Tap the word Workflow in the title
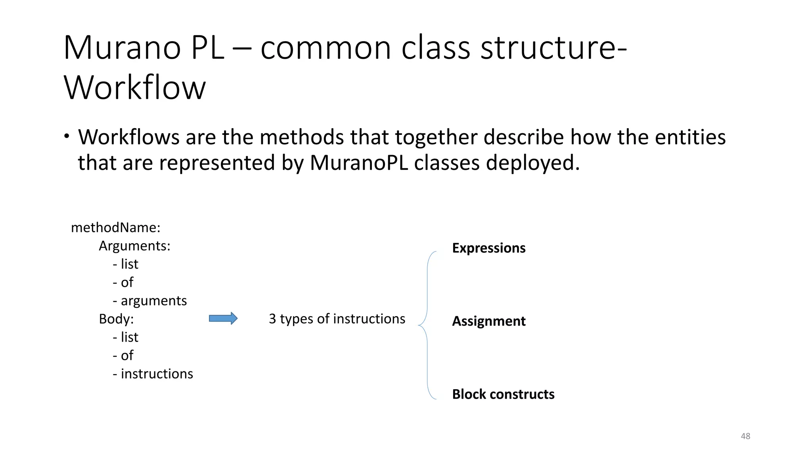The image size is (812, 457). (135, 88)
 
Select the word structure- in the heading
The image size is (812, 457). (553, 48)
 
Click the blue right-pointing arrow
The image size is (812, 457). (223, 319)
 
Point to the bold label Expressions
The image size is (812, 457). (488, 248)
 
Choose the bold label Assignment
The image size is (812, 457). (488, 321)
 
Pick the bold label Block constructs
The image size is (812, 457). (503, 394)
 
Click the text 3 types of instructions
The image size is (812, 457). (337, 319)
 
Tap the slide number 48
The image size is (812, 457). (745, 436)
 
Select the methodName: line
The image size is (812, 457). (115, 228)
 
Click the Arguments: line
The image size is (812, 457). (134, 246)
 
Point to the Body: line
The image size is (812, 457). (116, 319)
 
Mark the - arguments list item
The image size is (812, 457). (150, 301)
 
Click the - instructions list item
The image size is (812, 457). (153, 374)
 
